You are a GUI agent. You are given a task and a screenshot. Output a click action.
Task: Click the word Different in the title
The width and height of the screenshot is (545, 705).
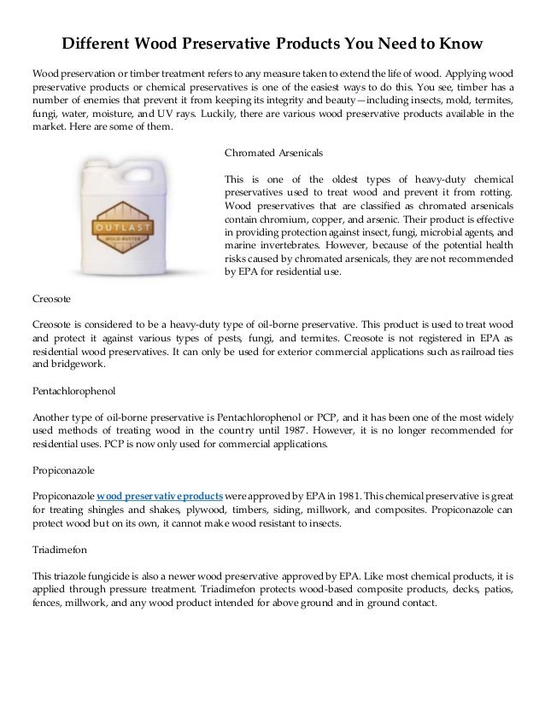coord(91,43)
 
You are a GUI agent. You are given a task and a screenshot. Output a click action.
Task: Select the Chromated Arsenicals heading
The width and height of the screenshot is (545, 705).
coord(272,154)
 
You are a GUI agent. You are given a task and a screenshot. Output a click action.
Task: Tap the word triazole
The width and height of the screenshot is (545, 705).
coord(70,574)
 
